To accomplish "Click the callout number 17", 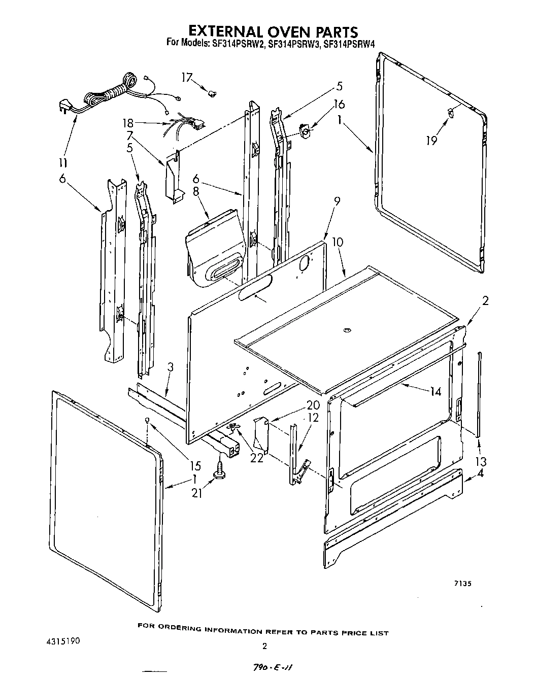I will coord(187,77).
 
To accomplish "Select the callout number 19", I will coord(431,140).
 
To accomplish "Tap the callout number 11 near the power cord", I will coord(63,163).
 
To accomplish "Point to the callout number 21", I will coord(197,492).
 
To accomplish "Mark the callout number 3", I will coord(171,367).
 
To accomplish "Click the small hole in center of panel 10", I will coord(347,331).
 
